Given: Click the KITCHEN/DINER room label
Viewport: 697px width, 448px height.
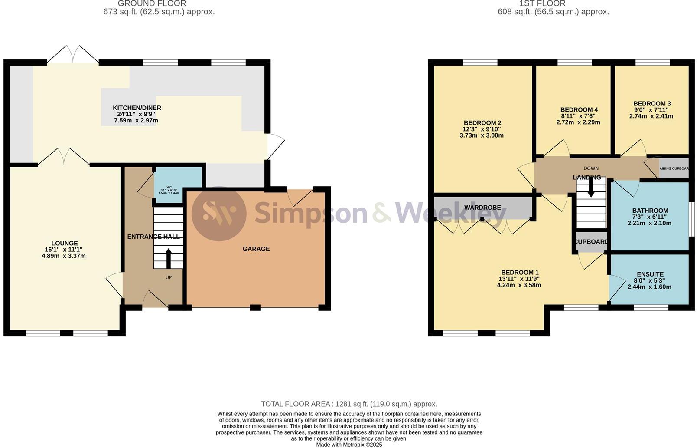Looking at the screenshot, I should [x=137, y=108].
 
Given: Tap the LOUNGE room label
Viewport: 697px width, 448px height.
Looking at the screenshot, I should [x=65, y=244].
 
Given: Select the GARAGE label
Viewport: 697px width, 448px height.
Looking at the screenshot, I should [x=256, y=249].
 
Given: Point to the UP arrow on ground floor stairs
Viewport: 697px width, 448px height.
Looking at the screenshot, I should [x=168, y=258].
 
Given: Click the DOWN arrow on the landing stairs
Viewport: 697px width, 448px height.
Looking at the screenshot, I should [x=591, y=188].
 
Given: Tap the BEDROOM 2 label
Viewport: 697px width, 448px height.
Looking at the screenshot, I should [x=482, y=123].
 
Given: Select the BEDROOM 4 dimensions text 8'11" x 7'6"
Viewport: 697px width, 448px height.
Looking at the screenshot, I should [x=578, y=116].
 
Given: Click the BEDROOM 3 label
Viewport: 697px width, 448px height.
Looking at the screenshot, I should [x=651, y=104].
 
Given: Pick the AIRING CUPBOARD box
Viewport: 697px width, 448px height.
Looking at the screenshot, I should [x=673, y=168].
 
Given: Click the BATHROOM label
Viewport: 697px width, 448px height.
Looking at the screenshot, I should [x=650, y=211].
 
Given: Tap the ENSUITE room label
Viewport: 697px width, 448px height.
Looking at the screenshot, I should [x=650, y=274].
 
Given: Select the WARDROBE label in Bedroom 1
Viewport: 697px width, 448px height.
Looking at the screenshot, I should [x=482, y=208].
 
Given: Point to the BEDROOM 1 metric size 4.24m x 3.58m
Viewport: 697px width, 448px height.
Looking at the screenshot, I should [x=519, y=285].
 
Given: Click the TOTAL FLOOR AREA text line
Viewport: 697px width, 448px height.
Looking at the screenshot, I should [x=349, y=404].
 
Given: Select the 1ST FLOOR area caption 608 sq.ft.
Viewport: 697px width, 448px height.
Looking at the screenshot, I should [x=553, y=12].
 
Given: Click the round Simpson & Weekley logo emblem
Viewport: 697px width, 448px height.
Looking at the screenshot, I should [x=219, y=214].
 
